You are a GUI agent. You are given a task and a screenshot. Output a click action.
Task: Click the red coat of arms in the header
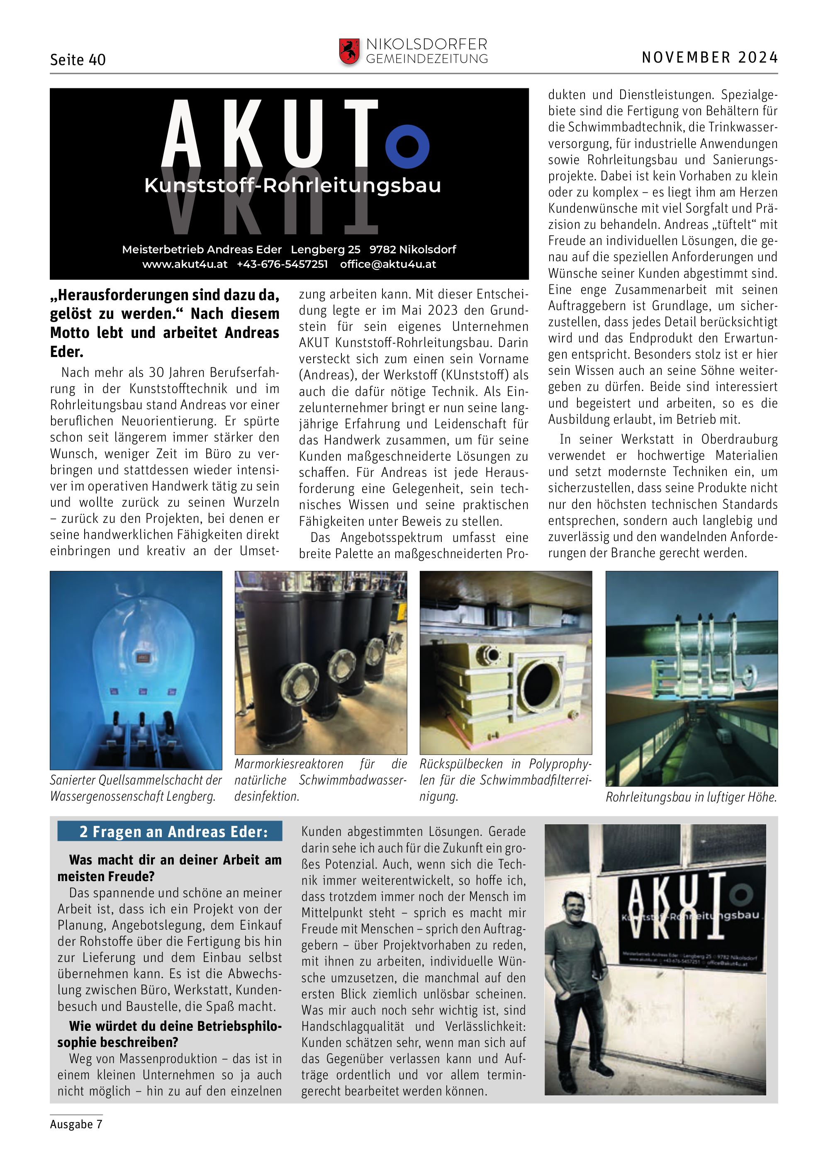(349, 51)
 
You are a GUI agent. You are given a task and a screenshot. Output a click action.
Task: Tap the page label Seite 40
(78, 60)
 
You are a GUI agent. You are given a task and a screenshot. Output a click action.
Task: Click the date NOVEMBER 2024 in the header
(709, 58)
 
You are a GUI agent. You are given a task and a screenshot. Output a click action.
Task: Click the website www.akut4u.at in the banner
(185, 264)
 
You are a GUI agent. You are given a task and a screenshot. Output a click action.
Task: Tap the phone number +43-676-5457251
(282, 264)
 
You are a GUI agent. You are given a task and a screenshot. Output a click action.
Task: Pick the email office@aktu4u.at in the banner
(388, 264)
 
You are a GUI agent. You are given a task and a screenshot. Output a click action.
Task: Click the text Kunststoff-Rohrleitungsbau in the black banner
(292, 185)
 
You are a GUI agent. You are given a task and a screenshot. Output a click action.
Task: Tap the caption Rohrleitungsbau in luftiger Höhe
(691, 797)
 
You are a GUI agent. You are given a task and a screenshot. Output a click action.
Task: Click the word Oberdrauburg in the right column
(739, 440)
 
